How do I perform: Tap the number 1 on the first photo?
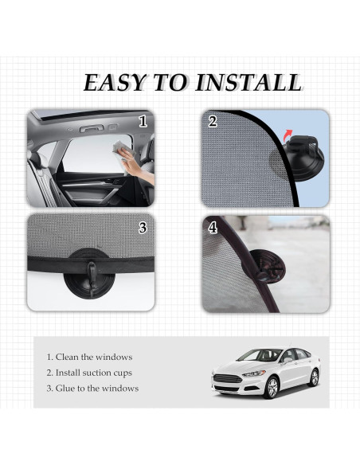[143, 122]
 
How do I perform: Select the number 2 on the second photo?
[212, 123]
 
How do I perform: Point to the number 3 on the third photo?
[143, 227]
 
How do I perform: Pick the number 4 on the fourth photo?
[213, 227]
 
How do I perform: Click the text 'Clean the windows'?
[89, 357]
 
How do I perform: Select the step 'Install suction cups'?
[89, 373]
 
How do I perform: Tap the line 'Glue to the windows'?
[92, 389]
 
